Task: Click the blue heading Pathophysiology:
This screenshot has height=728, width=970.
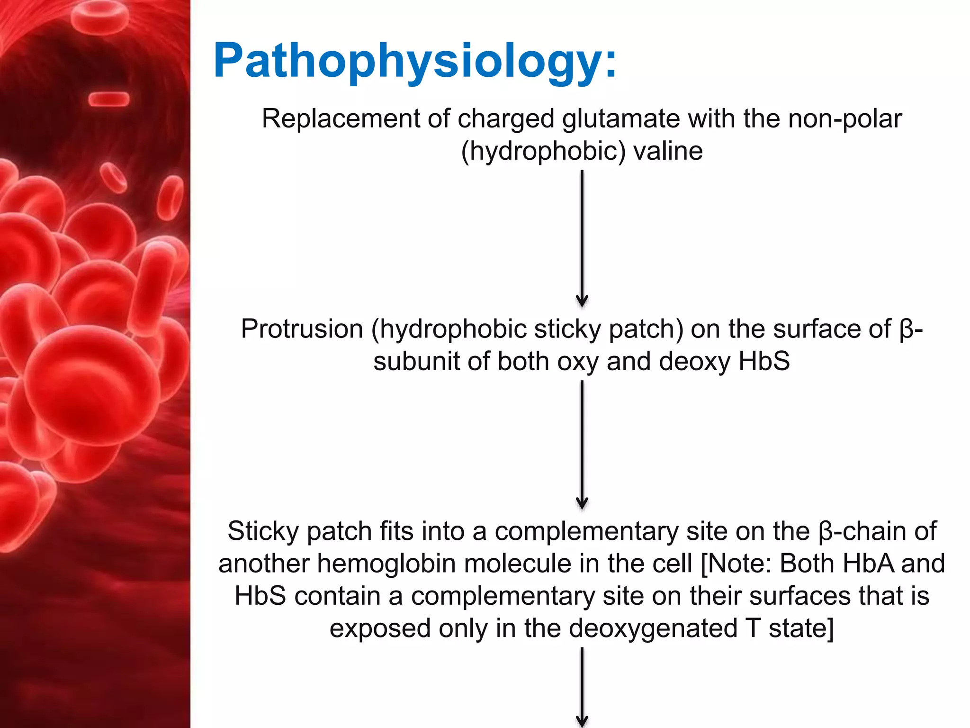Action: (415, 62)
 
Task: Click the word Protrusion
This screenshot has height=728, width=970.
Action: (302, 329)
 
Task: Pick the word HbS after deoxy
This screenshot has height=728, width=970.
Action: (764, 361)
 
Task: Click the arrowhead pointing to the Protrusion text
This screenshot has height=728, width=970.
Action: (582, 301)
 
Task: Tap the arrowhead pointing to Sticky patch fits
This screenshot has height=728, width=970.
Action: (582, 503)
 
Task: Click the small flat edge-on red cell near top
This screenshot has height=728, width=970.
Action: (109, 99)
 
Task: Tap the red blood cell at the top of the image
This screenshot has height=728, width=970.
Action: (100, 14)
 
